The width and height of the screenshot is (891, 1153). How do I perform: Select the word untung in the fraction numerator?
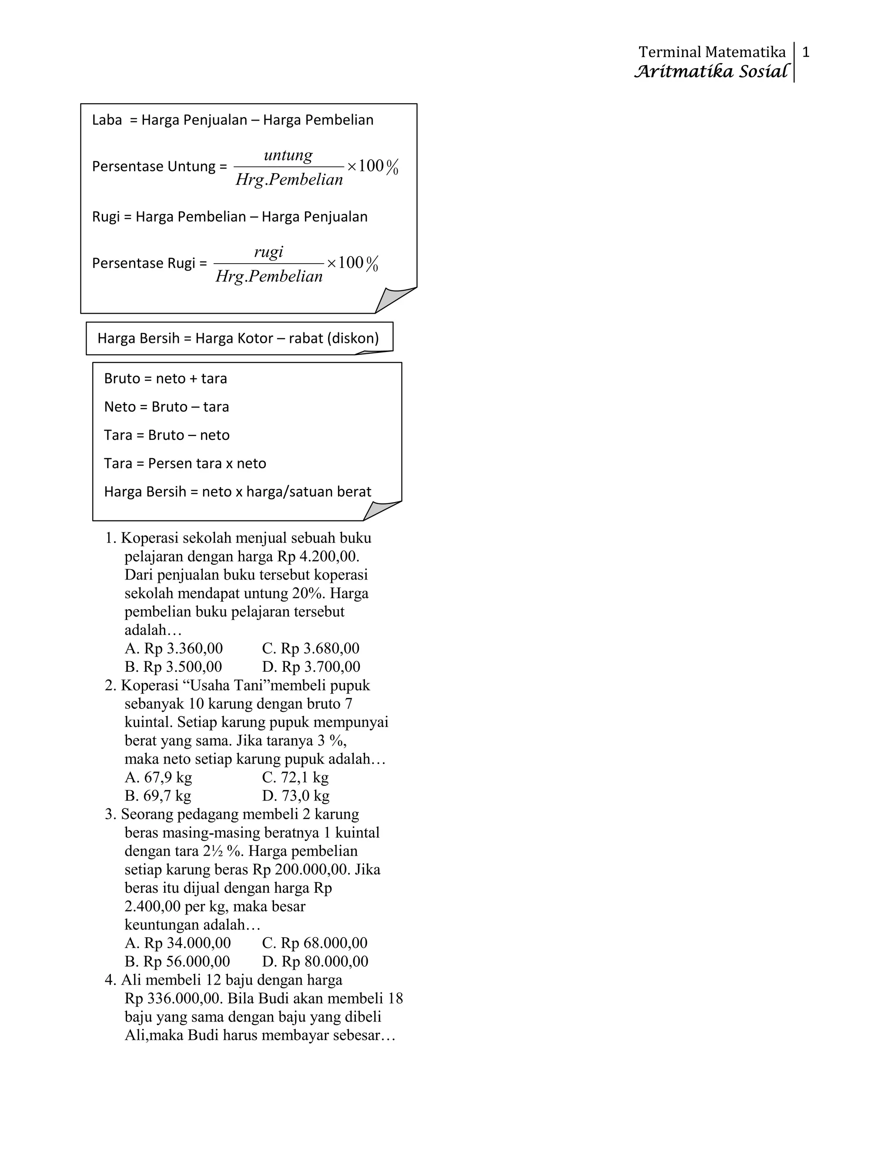tap(288, 155)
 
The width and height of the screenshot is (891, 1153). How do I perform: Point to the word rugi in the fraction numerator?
tap(269, 251)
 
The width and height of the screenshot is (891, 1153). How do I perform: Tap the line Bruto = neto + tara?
tap(165, 379)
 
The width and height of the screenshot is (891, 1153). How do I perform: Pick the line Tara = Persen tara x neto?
tap(185, 463)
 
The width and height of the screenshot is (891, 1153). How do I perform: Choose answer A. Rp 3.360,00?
tap(174, 648)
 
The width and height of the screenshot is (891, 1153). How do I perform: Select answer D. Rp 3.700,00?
tap(311, 667)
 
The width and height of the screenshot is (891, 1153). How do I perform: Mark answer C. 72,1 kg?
tap(295, 777)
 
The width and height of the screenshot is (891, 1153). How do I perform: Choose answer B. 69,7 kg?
tap(158, 796)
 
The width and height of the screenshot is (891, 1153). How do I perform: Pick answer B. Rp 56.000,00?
tap(178, 962)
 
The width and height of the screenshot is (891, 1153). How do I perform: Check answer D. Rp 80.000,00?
tap(315, 962)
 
